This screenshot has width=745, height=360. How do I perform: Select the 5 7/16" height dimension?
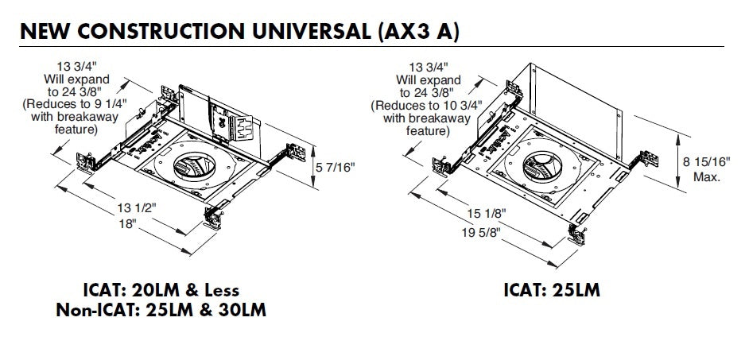[336, 168]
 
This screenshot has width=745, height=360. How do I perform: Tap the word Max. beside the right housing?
[707, 177]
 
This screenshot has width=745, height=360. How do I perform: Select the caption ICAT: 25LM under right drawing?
[552, 290]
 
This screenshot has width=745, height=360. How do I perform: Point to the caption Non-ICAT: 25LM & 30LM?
[161, 310]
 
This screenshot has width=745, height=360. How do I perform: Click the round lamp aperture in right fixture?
[545, 165]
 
